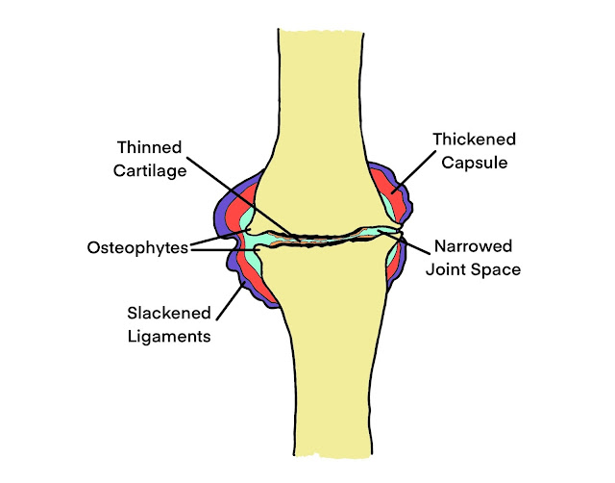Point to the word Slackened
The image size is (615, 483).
(168, 314)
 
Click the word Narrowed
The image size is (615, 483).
(473, 246)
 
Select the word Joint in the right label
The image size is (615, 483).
(448, 270)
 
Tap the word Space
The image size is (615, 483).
(497, 270)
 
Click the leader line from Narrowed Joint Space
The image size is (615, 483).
(415, 241)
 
